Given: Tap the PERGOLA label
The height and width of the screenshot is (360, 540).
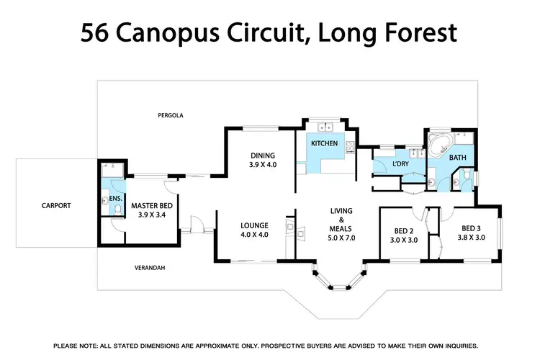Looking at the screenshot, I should [x=171, y=115].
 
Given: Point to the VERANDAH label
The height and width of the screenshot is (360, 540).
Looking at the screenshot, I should [x=150, y=268].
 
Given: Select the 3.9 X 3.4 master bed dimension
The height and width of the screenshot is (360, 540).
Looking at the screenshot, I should [x=149, y=215].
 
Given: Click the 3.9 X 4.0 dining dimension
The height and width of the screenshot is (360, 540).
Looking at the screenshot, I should [x=263, y=165].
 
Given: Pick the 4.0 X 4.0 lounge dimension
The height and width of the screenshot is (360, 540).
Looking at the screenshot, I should [x=254, y=235].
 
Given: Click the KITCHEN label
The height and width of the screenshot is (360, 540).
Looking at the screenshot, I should [x=324, y=143].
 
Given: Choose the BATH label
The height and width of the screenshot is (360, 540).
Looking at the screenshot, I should [x=458, y=157].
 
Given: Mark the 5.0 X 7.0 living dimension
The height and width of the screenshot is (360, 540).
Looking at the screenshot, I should [x=341, y=237].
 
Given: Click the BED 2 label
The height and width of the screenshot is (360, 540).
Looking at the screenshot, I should [x=403, y=230].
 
